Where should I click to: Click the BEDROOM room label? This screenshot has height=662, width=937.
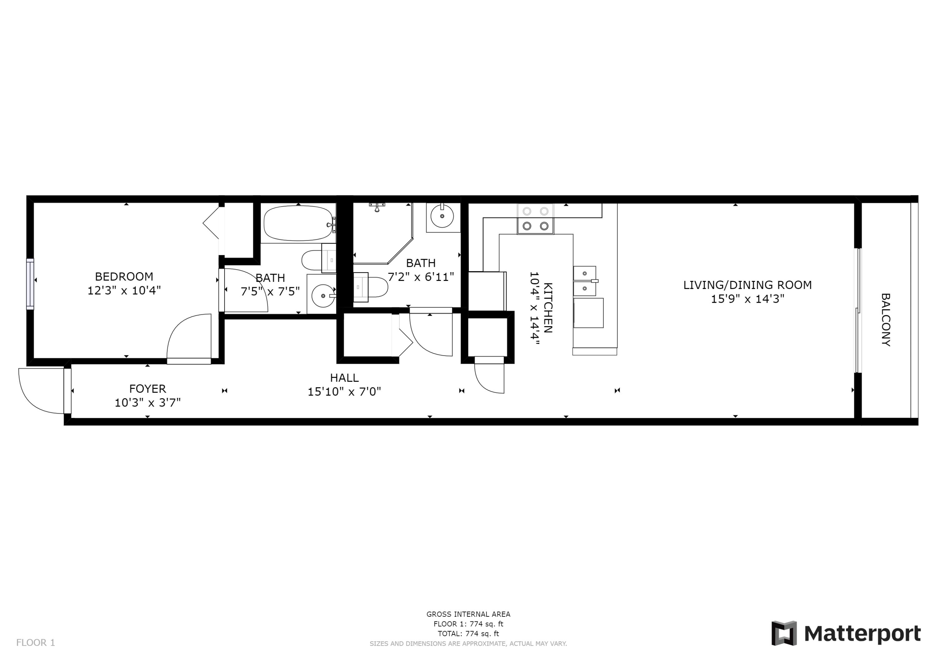tap(124, 277)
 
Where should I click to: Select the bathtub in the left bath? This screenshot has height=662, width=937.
tap(298, 223)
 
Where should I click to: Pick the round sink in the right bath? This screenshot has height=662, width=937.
tap(442, 217)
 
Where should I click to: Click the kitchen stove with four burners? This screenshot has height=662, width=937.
tap(535, 219)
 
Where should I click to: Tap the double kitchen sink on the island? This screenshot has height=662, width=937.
tap(584, 281)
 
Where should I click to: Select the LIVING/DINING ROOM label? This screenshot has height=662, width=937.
tap(747, 285)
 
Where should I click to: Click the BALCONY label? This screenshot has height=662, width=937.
tap(885, 320)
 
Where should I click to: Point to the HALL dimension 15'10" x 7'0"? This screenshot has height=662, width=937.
tap(344, 392)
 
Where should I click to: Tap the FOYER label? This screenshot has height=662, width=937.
tap(147, 389)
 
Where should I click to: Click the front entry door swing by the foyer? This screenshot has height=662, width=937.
tap(39, 392)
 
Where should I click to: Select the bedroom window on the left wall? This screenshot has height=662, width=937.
tap(30, 284)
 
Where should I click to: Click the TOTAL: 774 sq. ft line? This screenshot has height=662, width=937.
tap(468, 634)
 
